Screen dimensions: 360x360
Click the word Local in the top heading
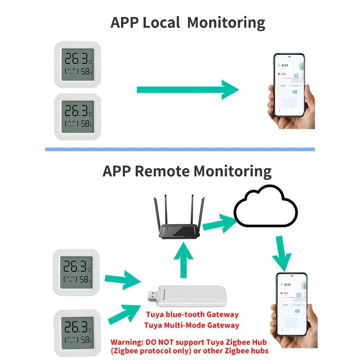pyautogui.click(x=162, y=22)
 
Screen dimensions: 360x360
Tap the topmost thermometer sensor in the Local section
pyautogui.click(x=77, y=65)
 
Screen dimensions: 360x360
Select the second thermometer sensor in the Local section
pyautogui.click(x=77, y=117)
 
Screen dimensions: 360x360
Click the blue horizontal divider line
pyautogui.click(x=180, y=149)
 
